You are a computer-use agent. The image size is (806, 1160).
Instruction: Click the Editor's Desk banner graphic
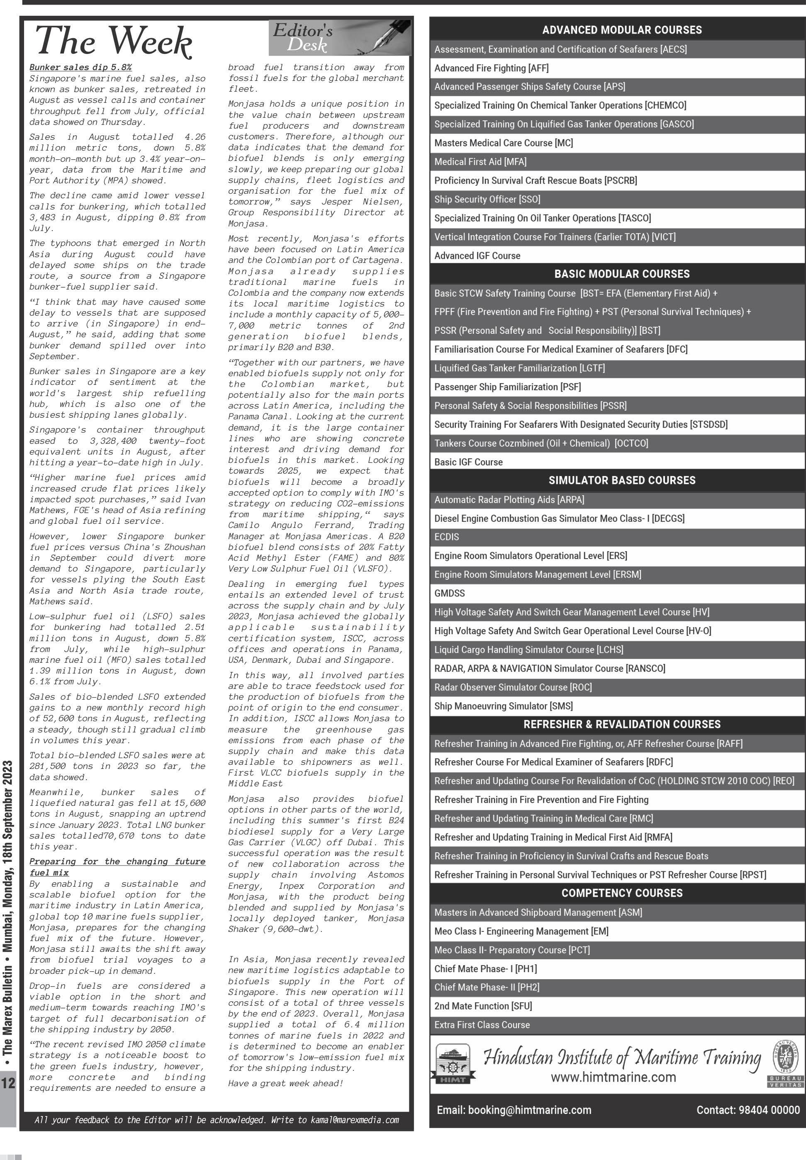(339, 38)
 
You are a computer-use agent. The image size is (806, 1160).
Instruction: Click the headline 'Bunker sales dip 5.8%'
(80, 67)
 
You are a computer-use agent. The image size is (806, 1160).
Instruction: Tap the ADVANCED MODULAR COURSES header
(622, 30)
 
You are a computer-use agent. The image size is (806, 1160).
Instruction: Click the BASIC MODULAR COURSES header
(622, 274)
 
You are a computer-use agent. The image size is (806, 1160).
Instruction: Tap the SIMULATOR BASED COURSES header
(622, 481)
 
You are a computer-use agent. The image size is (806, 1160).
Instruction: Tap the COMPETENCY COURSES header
(622, 893)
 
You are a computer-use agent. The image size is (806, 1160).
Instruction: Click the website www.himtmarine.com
(613, 1077)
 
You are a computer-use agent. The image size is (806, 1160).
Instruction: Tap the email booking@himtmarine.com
(514, 1110)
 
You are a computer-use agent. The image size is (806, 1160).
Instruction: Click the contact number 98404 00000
(748, 1110)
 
